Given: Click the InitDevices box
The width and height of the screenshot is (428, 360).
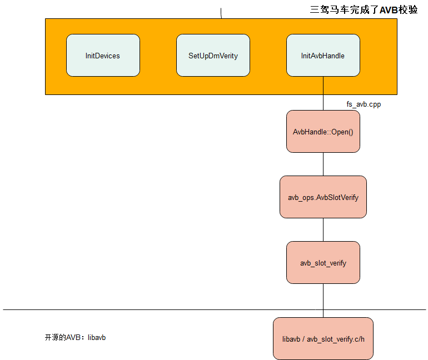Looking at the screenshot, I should (103, 56).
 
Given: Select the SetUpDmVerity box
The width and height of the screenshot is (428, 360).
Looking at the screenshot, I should (213, 56).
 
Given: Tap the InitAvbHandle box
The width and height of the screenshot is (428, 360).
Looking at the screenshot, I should (323, 56).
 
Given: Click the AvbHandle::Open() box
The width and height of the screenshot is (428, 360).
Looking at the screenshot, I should (323, 132).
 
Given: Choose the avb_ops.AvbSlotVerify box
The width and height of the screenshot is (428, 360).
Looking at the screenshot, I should (323, 197).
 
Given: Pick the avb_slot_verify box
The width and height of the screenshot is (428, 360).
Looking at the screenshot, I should (323, 263).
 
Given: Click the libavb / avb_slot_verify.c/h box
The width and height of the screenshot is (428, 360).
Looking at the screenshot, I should (323, 338).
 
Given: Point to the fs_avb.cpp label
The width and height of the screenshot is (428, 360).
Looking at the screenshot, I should (364, 104).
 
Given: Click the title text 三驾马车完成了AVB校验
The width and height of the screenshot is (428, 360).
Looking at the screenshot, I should (363, 9).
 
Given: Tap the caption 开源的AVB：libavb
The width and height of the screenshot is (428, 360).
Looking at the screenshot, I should (75, 337).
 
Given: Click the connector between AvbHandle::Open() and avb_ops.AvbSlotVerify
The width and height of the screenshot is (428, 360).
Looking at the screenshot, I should (324, 164).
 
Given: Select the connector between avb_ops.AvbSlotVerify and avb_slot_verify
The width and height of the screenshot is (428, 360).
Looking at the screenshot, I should (324, 229).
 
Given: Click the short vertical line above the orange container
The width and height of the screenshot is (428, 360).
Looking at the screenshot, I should (221, 13).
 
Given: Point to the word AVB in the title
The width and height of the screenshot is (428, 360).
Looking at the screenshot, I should (389, 9).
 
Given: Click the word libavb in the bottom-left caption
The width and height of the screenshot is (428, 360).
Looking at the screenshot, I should (97, 337).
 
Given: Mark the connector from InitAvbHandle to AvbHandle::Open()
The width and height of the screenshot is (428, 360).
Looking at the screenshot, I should (324, 93).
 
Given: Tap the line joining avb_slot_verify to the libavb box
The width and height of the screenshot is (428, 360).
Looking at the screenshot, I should (324, 300).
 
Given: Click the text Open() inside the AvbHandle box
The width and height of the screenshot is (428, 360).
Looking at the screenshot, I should (342, 132).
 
